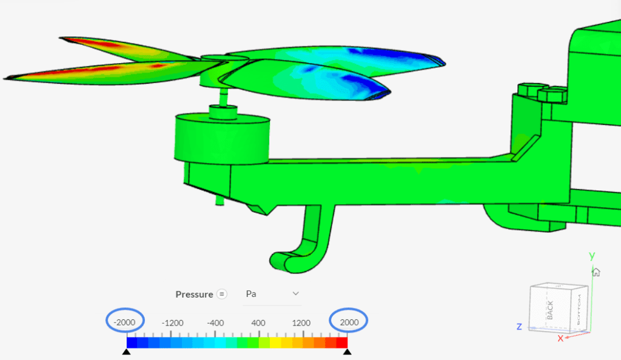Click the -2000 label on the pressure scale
pos(126,322)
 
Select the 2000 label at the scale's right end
pos(349,322)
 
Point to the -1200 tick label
pos(172,322)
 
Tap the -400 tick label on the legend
pos(216,322)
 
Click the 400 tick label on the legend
pos(258,322)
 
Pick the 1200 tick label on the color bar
pos(301,322)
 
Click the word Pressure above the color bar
pos(194,295)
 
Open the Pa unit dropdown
pos(272,294)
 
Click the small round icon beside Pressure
pos(222,294)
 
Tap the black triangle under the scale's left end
pos(126,352)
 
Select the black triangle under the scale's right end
pos(347,352)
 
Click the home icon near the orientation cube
pos(596,272)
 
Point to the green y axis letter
pos(592,255)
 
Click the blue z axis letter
pos(519,327)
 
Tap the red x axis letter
pos(560,338)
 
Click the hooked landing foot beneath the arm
pos(303,242)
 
